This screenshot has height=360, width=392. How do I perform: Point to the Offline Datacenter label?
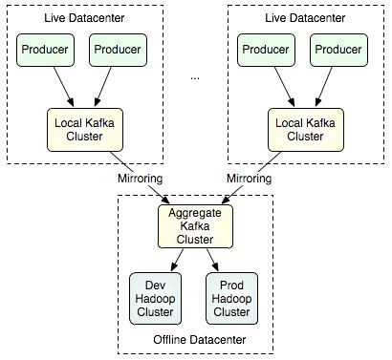click(x=195, y=340)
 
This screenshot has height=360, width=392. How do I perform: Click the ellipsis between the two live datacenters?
click(x=195, y=76)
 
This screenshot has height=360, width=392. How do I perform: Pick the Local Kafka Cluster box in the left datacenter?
click(x=81, y=130)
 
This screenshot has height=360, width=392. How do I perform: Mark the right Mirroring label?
click(x=254, y=179)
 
